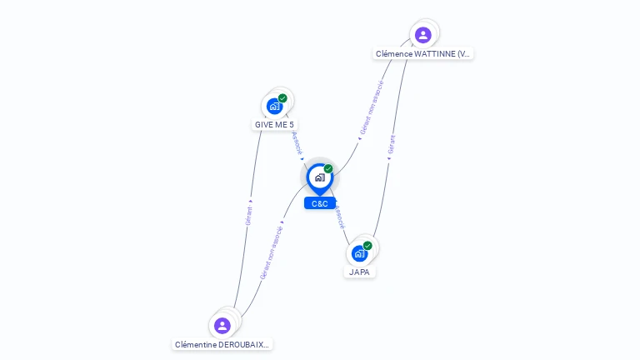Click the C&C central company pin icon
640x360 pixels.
319,177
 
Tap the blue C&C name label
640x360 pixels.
320,203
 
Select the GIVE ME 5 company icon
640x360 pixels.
274,106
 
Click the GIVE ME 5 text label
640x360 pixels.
274,125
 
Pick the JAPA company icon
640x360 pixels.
359,252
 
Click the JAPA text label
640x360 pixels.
360,272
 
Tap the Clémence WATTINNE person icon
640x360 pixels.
422,35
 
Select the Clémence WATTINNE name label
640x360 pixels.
423,53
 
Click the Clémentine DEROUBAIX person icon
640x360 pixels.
222,325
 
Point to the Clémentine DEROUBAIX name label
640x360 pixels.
222,344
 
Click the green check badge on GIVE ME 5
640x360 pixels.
282,98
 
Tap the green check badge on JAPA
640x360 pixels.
367,246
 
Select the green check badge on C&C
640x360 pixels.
328,169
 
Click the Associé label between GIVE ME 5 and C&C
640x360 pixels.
297,143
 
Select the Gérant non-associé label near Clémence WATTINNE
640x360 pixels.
372,107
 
